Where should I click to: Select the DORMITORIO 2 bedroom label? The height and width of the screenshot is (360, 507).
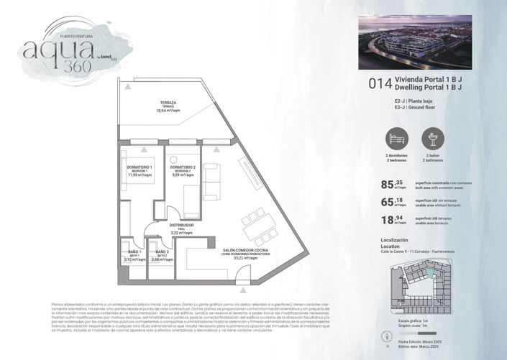point(184,167)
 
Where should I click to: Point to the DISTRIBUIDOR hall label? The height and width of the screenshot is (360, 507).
point(182,224)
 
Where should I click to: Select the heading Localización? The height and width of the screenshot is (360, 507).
point(394,240)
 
